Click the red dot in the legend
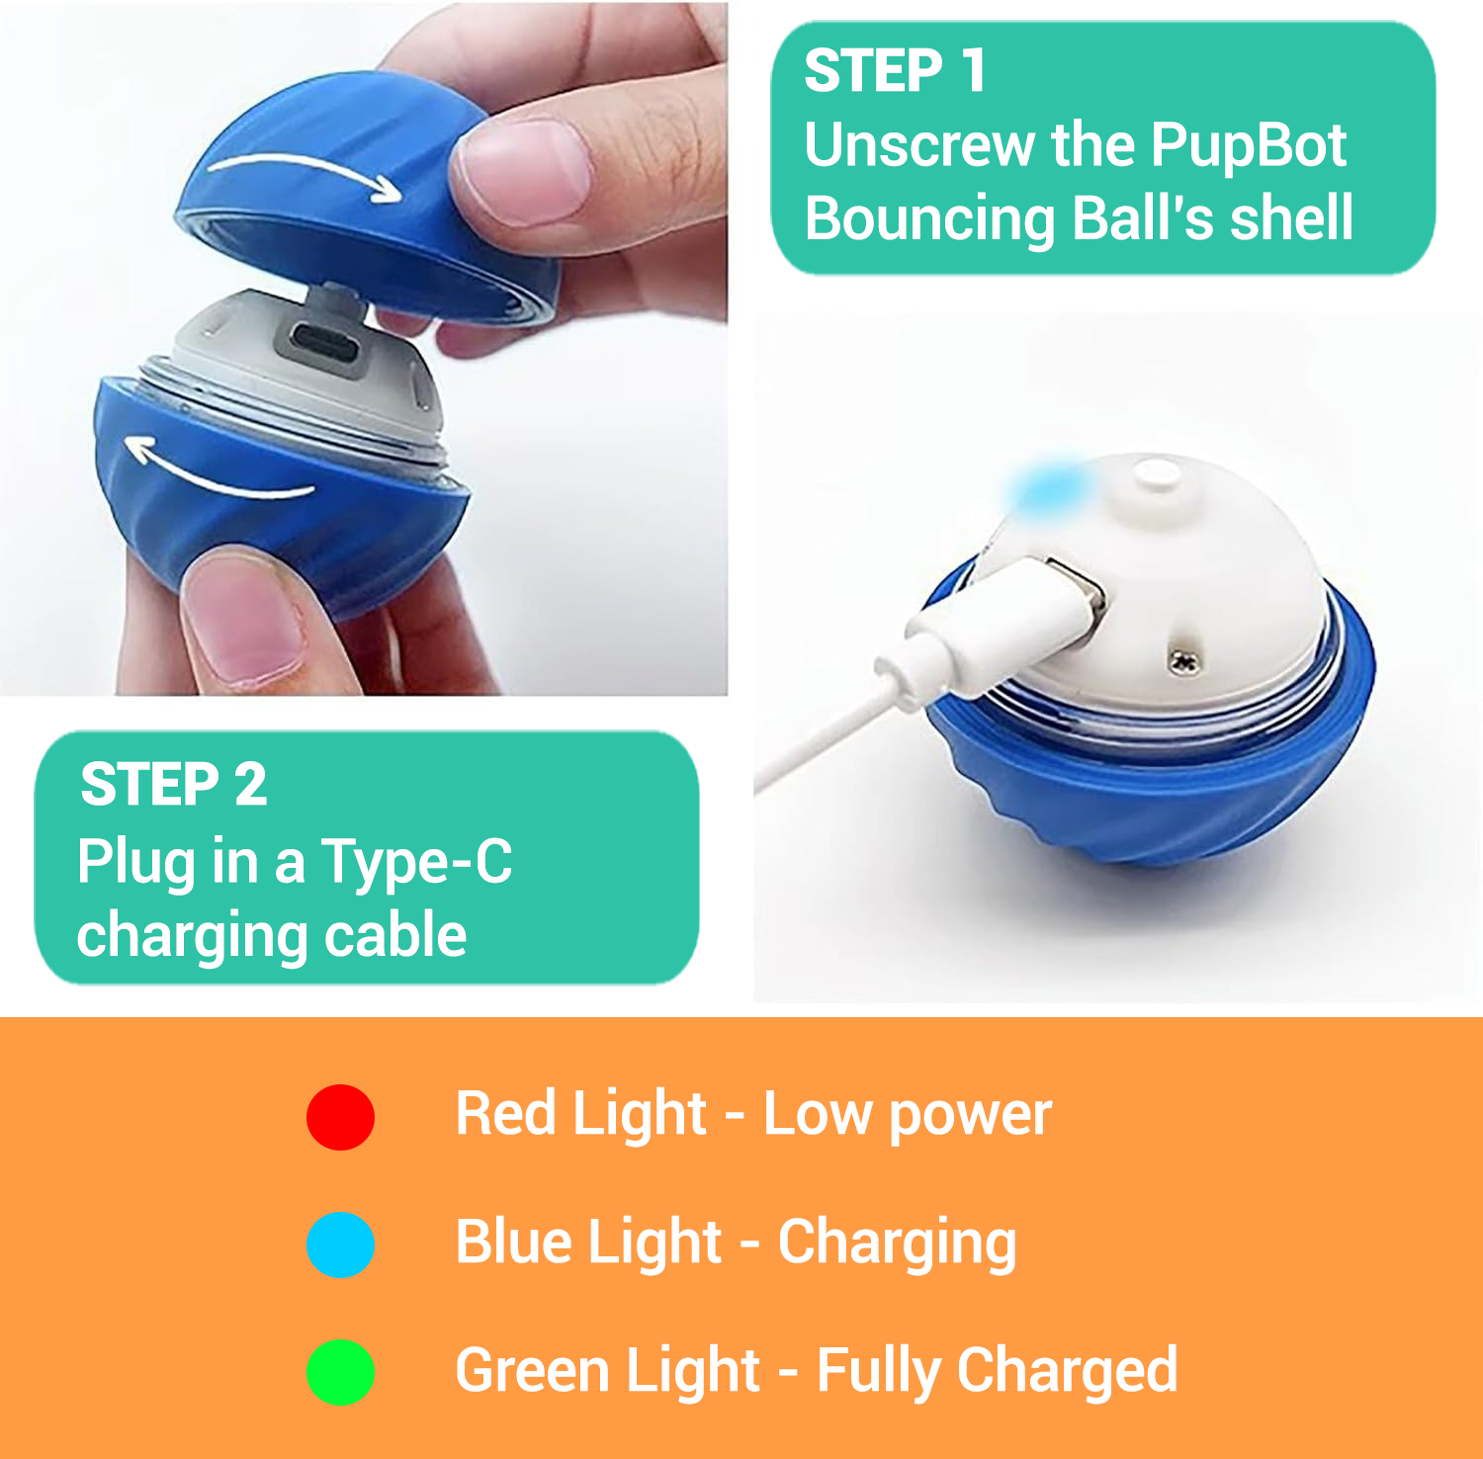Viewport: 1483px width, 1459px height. pyautogui.click(x=340, y=1117)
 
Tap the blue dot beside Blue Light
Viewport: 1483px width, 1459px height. pyautogui.click(x=340, y=1244)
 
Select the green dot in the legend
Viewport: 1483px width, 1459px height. pyautogui.click(x=340, y=1372)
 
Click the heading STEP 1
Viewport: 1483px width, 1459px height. pyautogui.click(x=895, y=71)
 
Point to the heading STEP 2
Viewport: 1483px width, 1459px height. pyautogui.click(x=174, y=785)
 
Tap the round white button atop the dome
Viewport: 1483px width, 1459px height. pyautogui.click(x=1157, y=473)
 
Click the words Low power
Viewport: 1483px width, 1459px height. pyautogui.click(x=907, y=1116)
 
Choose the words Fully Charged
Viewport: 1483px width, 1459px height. pyautogui.click(x=998, y=1372)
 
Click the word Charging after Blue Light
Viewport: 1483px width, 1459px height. pyautogui.click(x=897, y=1244)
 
